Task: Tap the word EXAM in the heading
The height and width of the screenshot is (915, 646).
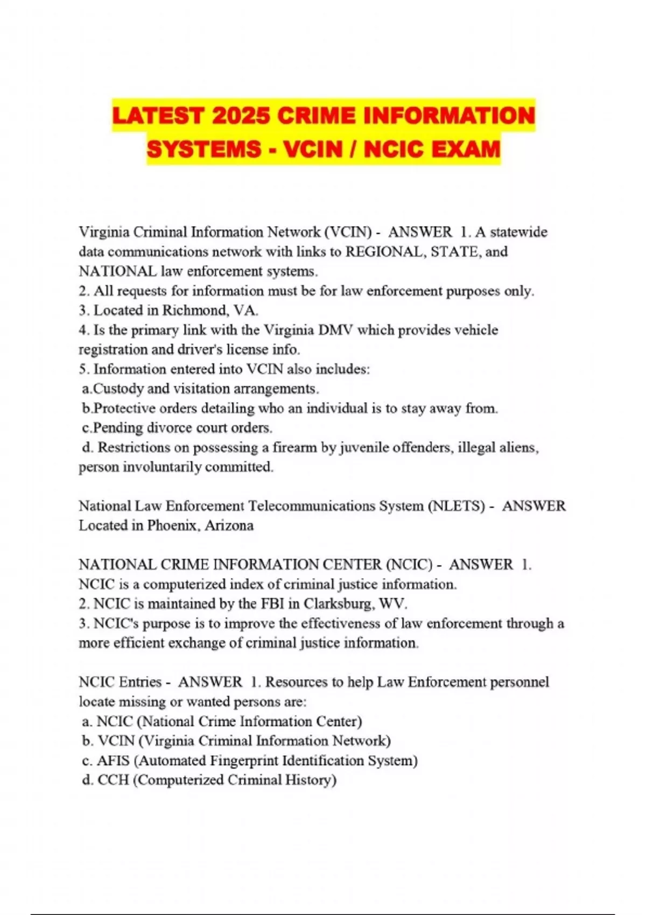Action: click(x=466, y=149)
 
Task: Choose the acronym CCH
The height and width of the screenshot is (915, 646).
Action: click(x=113, y=780)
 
